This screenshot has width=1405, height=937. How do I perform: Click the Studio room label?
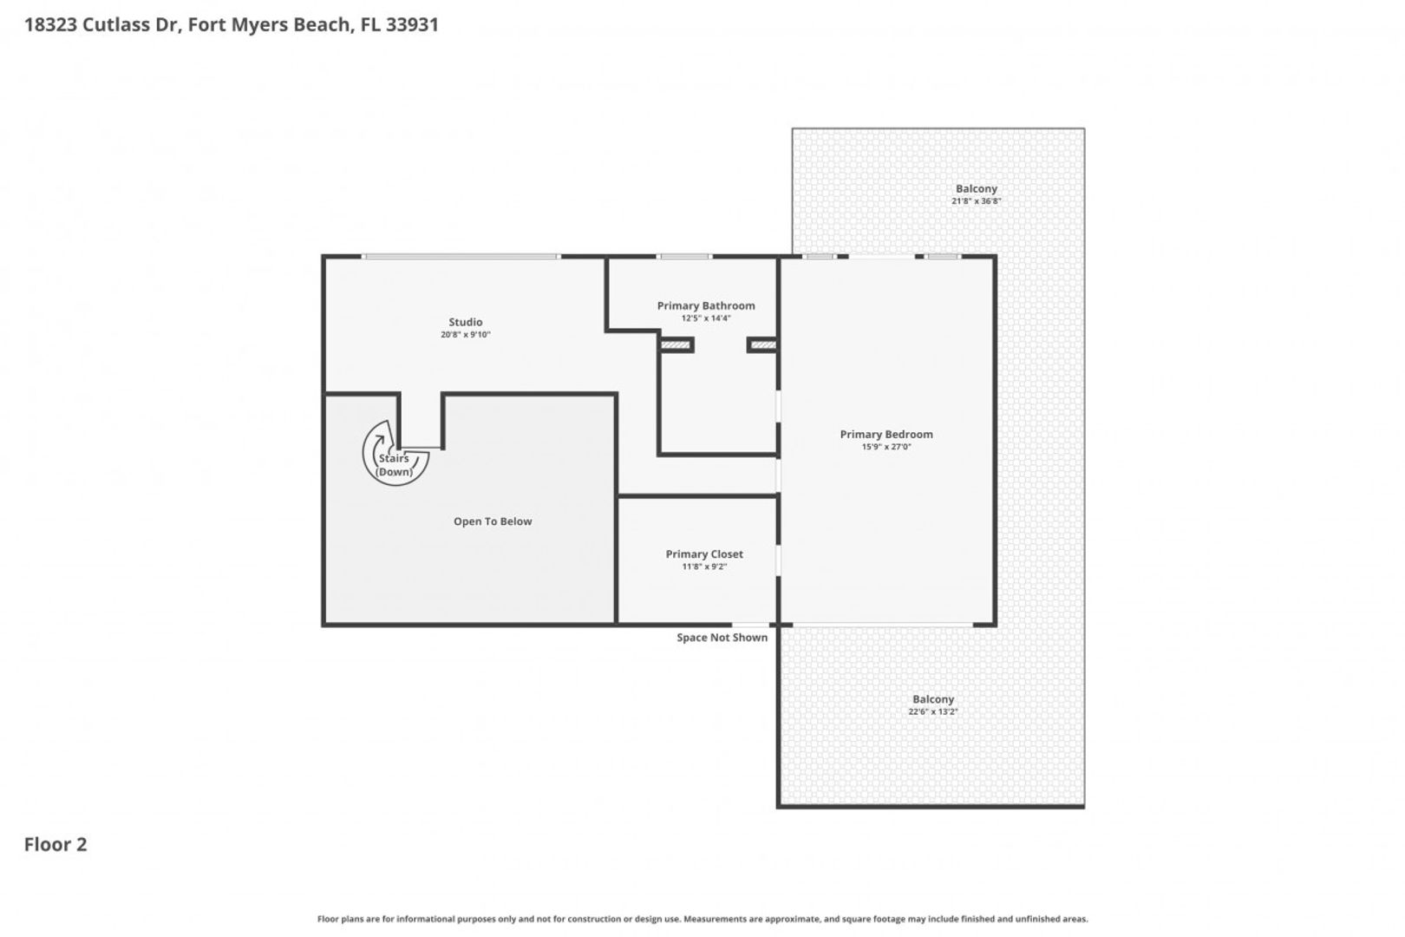click(x=465, y=322)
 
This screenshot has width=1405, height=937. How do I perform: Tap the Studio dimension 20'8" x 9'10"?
click(x=466, y=335)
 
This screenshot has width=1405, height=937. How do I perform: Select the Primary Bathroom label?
click(x=706, y=305)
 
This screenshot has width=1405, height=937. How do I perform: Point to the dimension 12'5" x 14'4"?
click(x=706, y=318)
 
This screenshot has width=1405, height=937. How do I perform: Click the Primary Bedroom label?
click(x=886, y=435)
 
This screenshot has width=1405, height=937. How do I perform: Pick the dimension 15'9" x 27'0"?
click(x=886, y=447)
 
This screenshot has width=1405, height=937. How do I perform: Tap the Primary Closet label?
click(x=703, y=554)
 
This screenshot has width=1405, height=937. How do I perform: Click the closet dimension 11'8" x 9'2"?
click(x=704, y=567)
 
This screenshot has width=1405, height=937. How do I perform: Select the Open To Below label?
click(x=493, y=521)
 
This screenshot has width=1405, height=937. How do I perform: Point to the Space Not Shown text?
click(x=722, y=638)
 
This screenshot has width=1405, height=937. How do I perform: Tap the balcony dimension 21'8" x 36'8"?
click(x=976, y=201)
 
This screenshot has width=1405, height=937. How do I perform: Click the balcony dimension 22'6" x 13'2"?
click(x=932, y=711)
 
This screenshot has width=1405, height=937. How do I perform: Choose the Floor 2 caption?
click(x=56, y=845)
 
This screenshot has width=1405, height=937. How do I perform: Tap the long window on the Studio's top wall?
click(x=461, y=256)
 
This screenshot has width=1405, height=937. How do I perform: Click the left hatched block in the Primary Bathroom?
click(x=676, y=345)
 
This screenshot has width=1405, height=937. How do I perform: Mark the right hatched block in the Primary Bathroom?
click(x=763, y=345)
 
